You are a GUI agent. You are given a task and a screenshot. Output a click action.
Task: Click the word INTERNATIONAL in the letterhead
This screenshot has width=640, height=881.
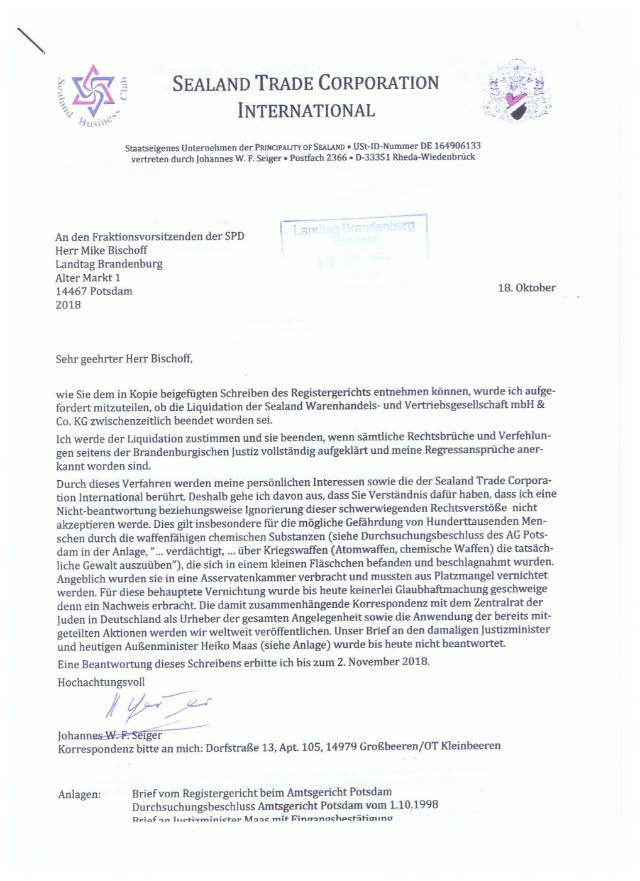(x=306, y=111)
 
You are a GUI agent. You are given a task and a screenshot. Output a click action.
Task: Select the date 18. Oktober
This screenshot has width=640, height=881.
(x=526, y=288)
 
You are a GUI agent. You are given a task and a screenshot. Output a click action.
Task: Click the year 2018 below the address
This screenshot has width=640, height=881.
(x=68, y=305)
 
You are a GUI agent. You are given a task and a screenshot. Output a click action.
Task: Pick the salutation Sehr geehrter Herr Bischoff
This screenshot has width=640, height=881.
(x=124, y=359)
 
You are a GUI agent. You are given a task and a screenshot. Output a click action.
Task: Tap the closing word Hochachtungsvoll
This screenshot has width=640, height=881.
(x=101, y=682)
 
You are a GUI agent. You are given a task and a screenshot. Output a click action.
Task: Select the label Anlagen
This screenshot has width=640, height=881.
(x=79, y=794)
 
